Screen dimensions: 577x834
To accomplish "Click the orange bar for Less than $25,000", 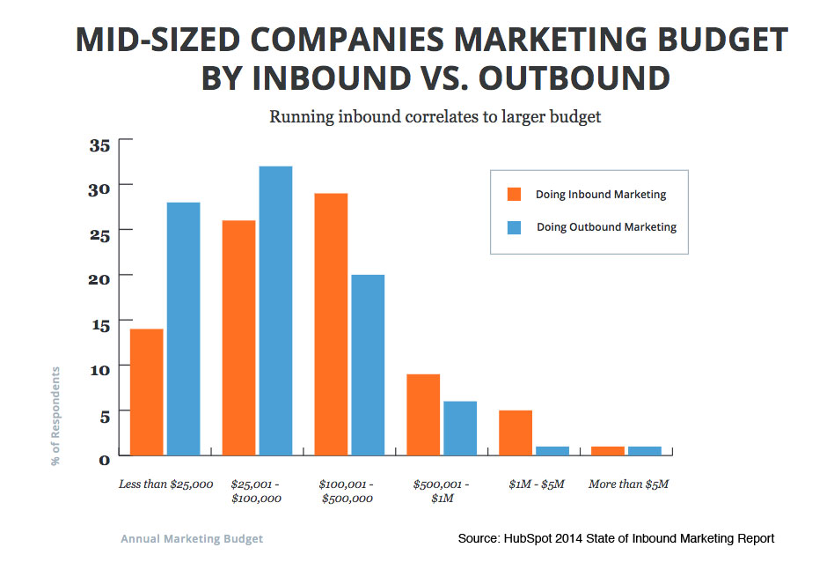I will (146, 392).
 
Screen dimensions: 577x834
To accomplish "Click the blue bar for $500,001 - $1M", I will (459, 428).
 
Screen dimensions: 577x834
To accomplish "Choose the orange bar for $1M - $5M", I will (515, 433).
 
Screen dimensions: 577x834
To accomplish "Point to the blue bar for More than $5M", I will (644, 451).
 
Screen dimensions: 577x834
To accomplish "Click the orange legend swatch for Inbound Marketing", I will (516, 195).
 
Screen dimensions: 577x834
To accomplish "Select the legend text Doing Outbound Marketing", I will (606, 227).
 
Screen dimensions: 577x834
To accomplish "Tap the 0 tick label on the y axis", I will (103, 458).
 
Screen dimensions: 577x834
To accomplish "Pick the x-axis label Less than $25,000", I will (165, 485).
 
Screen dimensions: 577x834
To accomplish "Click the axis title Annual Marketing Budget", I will (191, 538).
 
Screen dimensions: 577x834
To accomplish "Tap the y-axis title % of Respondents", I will (56, 416).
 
